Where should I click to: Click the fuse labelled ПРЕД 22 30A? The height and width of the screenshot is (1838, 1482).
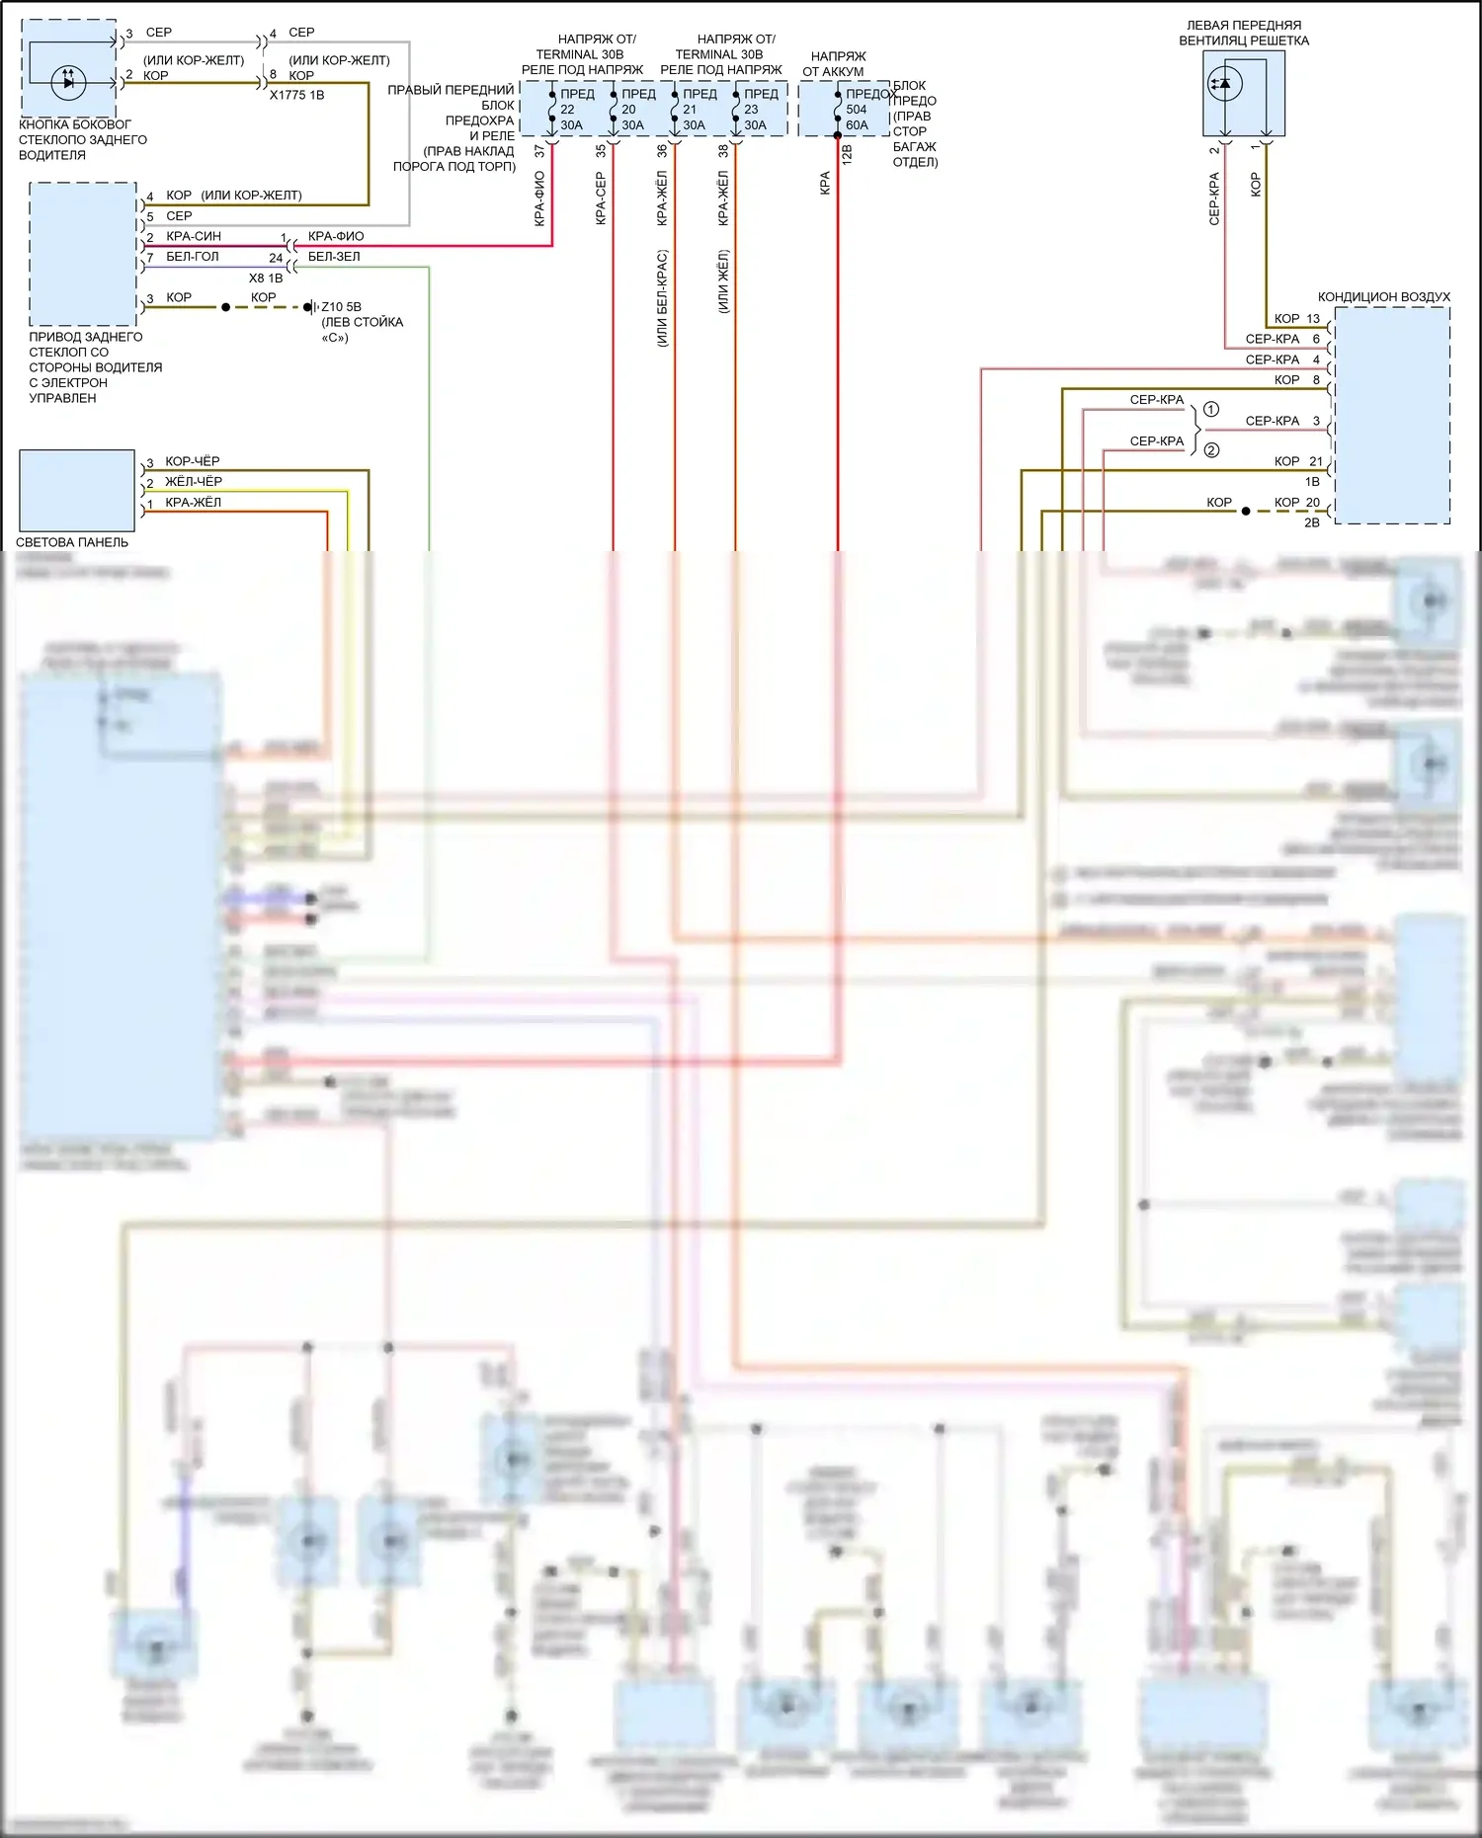[569, 110]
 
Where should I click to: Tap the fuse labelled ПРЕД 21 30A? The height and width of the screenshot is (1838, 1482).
[692, 110]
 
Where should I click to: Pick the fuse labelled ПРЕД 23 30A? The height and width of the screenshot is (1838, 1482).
[753, 110]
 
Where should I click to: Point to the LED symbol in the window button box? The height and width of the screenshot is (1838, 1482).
[68, 81]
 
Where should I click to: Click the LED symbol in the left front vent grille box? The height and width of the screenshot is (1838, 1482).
[1225, 84]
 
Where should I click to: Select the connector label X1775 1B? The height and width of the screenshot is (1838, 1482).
[296, 95]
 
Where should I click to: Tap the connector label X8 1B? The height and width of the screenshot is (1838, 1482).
[266, 279]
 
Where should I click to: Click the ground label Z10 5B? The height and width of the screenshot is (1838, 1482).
[341, 307]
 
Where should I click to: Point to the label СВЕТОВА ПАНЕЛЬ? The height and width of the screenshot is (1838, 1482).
[72, 542]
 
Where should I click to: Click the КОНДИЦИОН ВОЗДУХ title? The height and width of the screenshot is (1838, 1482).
[1383, 297]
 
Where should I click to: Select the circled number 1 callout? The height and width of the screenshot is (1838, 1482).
[1211, 409]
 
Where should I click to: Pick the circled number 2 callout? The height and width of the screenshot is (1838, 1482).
[1211, 450]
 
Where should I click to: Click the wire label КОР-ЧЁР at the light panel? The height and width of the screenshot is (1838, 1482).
[193, 461]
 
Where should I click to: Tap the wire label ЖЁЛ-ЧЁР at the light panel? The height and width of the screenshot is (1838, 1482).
[194, 482]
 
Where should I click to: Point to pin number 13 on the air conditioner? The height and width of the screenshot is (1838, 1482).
[1313, 319]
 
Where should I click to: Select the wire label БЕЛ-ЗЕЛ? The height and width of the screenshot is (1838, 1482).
[334, 257]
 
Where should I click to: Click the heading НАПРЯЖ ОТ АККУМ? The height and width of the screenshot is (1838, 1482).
[836, 64]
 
